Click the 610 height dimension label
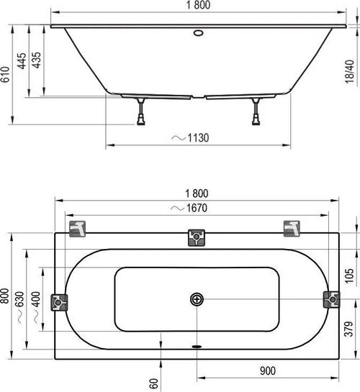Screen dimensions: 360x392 5,74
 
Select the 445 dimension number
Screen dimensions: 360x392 22,60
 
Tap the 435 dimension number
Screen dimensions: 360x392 37,60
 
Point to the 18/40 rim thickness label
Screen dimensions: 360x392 349,71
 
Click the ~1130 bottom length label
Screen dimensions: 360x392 190,138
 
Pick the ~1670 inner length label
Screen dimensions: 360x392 189,208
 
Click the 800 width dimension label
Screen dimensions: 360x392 5,296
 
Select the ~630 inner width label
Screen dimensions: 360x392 19,307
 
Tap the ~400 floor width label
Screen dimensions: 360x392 36,307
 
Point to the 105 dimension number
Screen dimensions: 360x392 349,275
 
